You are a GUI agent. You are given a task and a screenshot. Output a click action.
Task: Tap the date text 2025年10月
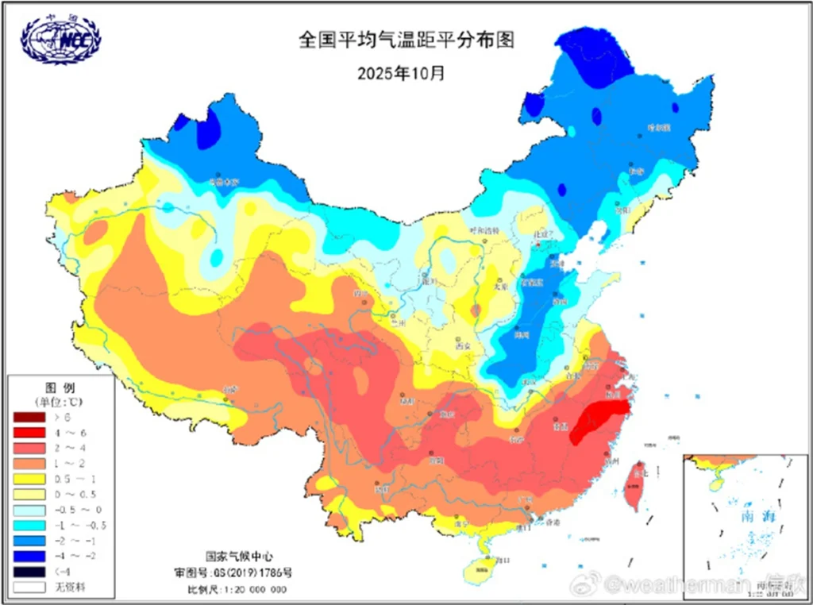(x=401, y=74)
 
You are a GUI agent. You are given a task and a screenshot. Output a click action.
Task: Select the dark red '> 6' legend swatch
(x=29, y=417)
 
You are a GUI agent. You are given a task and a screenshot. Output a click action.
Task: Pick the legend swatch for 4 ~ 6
(x=29, y=432)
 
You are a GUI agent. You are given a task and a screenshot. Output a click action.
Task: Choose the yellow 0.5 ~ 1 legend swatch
(x=29, y=479)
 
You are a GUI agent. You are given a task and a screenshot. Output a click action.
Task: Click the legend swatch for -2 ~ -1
(x=29, y=541)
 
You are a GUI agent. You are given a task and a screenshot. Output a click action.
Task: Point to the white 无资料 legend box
(x=29, y=588)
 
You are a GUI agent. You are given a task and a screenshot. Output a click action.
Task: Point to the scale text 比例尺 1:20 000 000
(x=237, y=589)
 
